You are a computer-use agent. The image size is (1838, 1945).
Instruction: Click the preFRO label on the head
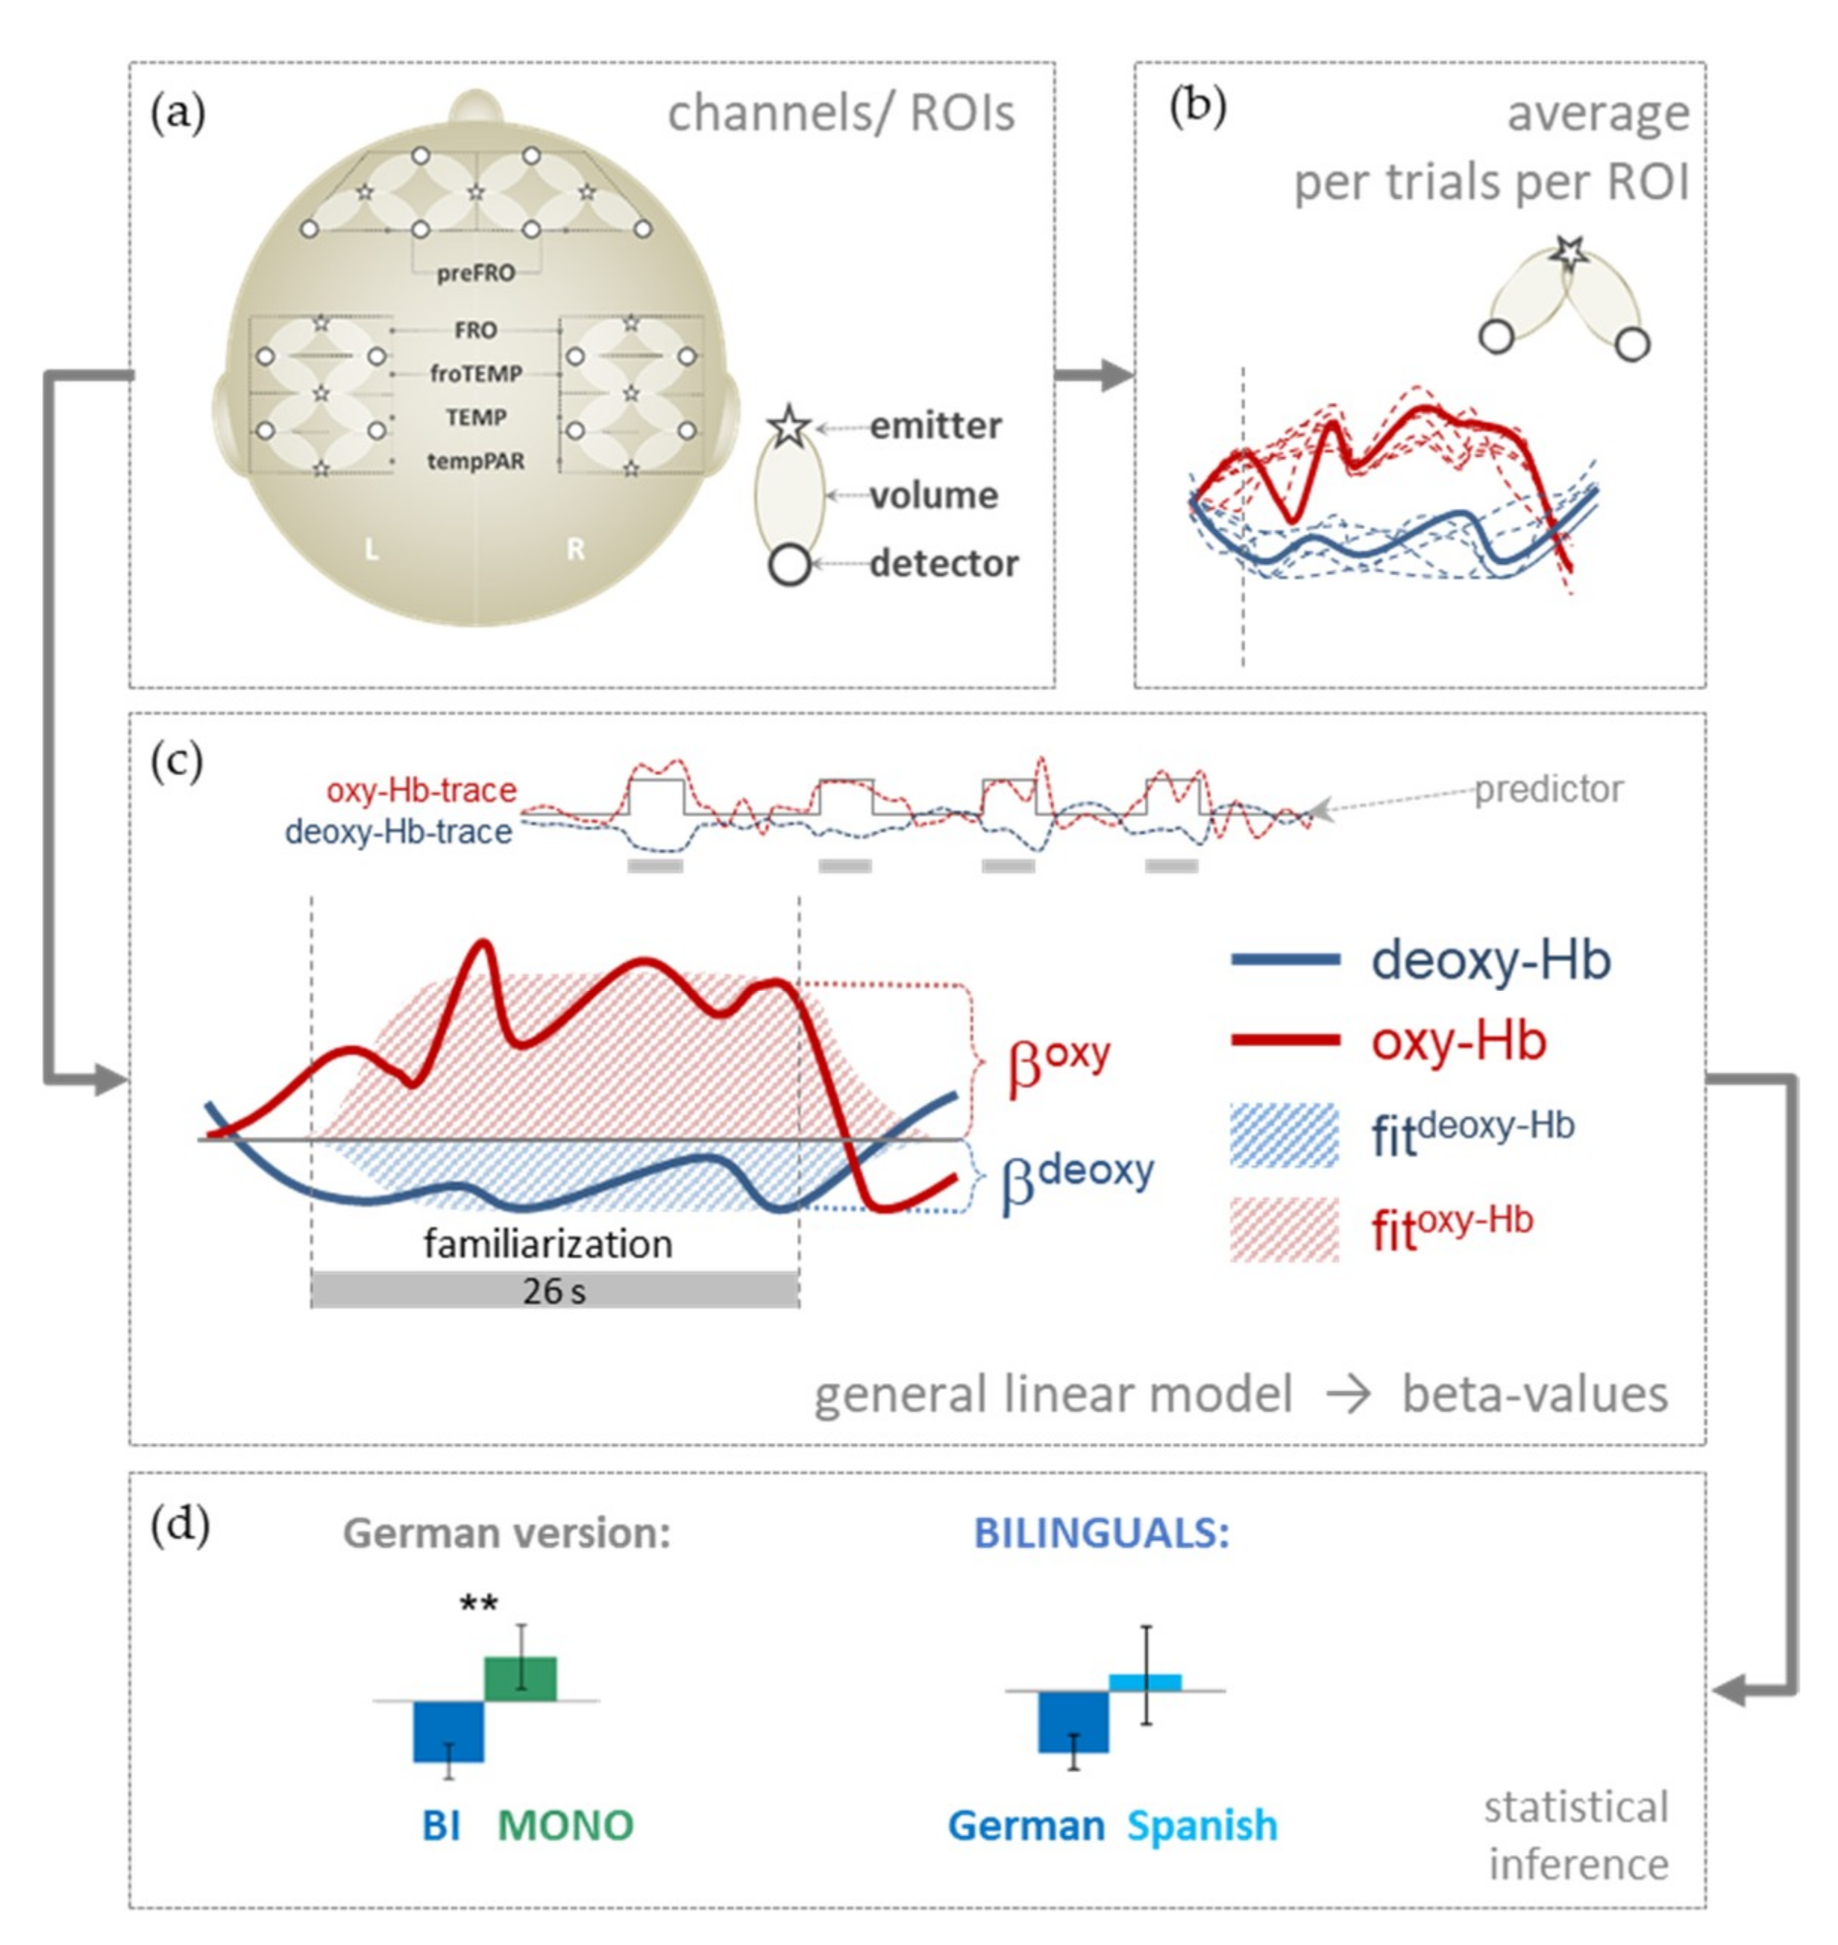click(475, 272)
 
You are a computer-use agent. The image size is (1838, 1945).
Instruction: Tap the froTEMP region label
click(475, 373)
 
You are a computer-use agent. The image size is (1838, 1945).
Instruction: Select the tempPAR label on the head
click(475, 460)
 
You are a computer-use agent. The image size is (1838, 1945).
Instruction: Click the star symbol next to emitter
click(790, 426)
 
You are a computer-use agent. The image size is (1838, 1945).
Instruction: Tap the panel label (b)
click(1197, 107)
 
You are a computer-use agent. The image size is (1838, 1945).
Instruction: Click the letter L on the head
click(371, 550)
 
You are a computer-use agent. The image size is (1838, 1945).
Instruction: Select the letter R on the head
click(575, 550)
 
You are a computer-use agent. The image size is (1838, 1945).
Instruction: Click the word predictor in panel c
click(1548, 789)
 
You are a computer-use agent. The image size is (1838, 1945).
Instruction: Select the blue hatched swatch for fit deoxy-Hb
click(1284, 1135)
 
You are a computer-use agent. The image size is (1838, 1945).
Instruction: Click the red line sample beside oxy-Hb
click(1285, 1041)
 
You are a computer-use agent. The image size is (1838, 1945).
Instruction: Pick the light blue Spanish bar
click(1144, 1682)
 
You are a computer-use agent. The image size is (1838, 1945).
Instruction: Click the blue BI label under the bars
click(441, 1826)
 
